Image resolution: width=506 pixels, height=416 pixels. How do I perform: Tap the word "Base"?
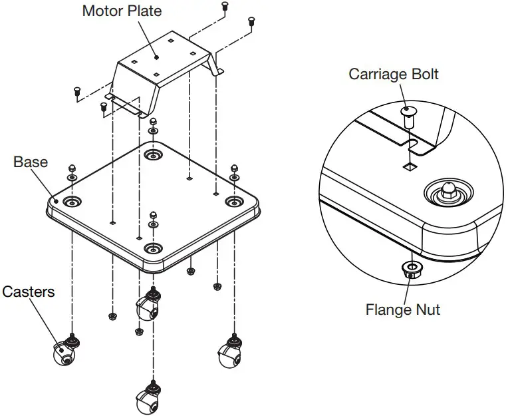pyautogui.click(x=31, y=162)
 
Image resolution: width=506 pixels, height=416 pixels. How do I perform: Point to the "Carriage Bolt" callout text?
pyautogui.click(x=394, y=74)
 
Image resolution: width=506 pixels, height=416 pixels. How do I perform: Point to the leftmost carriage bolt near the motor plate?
pyautogui.click(x=77, y=92)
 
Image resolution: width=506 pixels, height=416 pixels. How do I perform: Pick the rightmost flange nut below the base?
pyautogui.click(x=217, y=287)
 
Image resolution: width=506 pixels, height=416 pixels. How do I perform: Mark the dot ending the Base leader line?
pyautogui.click(x=57, y=199)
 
